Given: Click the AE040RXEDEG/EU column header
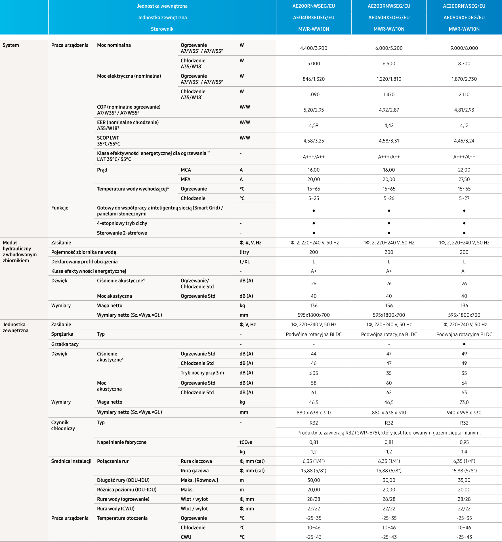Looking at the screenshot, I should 314,18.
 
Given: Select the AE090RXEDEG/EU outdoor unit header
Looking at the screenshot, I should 464,18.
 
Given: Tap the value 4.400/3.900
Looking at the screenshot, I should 314,48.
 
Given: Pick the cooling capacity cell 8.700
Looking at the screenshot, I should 464,64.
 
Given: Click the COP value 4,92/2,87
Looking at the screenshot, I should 389,110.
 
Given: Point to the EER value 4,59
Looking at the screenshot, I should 314,125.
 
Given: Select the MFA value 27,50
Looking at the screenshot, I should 464,179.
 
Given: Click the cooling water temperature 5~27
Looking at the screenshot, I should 464,198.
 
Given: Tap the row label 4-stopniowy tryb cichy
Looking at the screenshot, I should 122,223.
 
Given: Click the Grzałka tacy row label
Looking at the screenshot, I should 65,344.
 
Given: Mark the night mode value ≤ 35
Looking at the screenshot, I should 314,373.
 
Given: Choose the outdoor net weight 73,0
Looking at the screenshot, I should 464,402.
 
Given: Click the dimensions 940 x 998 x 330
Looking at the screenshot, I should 464,413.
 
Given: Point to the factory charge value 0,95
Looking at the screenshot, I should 464,442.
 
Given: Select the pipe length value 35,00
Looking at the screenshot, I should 464,480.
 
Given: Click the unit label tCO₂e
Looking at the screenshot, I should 246,442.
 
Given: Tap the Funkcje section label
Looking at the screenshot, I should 60,208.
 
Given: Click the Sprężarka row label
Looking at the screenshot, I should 62,334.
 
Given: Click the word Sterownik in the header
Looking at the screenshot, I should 162,29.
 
